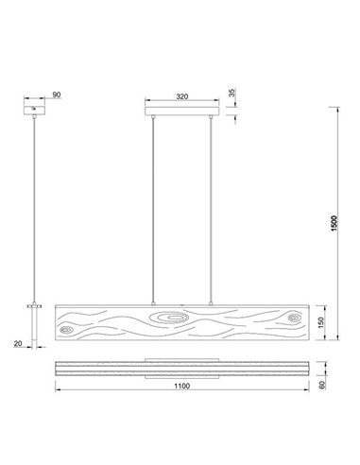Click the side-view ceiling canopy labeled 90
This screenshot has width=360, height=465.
tap(36, 112)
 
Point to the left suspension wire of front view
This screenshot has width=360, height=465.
tap(152, 208)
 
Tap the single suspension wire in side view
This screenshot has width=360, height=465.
tap(36, 208)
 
